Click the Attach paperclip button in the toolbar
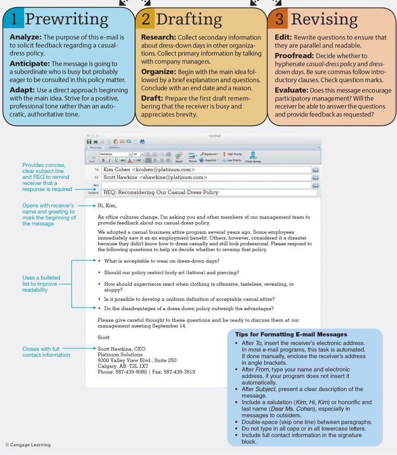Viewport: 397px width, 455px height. (179, 156)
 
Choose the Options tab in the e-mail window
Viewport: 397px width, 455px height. (114, 148)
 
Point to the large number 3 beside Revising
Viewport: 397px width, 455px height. (279, 19)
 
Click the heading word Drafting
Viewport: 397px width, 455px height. (188, 19)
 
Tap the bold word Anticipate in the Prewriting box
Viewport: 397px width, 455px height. (29, 64)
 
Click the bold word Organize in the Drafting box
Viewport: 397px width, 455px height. (158, 72)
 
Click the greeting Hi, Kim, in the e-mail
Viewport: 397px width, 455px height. (107, 206)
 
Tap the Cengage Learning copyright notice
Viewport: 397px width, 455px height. (28, 445)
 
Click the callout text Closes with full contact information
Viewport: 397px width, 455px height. (46, 352)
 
